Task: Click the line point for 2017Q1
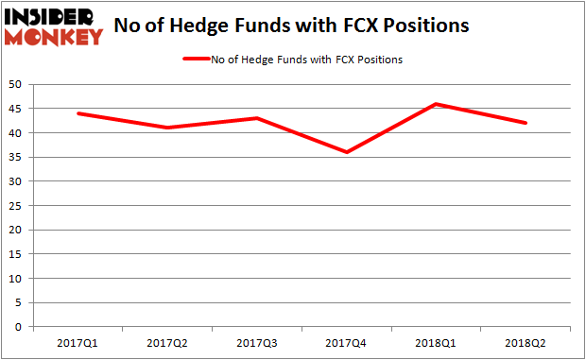coord(78,113)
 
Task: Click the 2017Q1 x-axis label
coord(78,343)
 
